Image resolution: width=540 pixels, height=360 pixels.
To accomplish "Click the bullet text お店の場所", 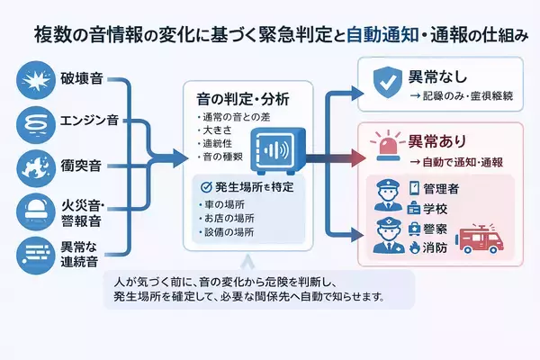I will coord(222,219).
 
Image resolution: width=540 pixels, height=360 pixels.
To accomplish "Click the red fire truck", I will coord(488,238).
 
